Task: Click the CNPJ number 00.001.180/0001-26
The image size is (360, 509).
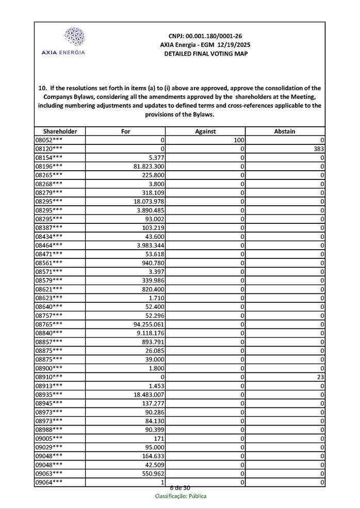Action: (205, 36)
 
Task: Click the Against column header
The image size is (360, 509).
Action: (205, 132)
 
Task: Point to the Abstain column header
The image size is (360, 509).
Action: (285, 132)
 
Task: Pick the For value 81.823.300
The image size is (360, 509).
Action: (149, 166)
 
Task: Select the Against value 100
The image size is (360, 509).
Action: (238, 140)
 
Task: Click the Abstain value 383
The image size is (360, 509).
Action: (318, 149)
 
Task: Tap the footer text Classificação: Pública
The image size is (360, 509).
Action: (181, 496)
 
